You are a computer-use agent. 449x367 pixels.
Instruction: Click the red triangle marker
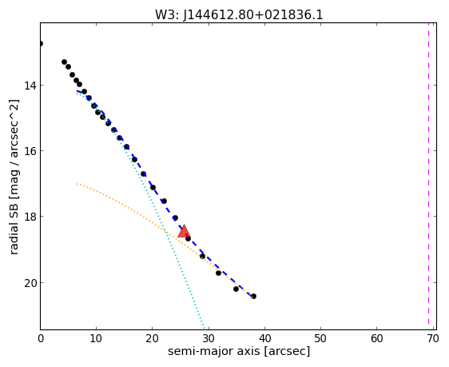[184, 232]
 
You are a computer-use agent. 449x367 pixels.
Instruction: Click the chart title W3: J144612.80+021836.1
[239, 15]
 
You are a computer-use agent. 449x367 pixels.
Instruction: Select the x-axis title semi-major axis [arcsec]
[239, 351]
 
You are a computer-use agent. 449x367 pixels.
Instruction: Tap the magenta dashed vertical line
[429, 174]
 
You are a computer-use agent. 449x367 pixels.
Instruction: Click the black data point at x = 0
[41, 43]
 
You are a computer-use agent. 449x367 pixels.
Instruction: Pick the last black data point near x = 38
[253, 296]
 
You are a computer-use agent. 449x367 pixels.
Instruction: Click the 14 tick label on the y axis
[30, 86]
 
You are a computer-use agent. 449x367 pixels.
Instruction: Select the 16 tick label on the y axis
[30, 150]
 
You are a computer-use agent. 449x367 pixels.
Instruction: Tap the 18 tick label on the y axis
[30, 217]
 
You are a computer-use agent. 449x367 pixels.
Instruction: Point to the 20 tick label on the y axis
[30, 283]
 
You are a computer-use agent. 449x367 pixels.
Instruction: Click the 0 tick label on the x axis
[41, 339]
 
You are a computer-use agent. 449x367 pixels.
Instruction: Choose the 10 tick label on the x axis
[96, 339]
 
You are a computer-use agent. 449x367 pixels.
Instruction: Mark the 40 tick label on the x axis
[264, 339]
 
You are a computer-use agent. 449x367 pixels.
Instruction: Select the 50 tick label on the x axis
[320, 339]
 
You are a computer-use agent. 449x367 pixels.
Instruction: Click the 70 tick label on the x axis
[433, 339]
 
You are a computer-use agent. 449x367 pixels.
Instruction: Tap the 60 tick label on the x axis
[376, 339]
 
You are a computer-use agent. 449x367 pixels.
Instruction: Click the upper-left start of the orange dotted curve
[77, 184]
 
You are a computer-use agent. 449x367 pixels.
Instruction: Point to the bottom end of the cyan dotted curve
[205, 329]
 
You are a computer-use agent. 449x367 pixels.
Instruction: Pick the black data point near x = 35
[236, 289]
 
